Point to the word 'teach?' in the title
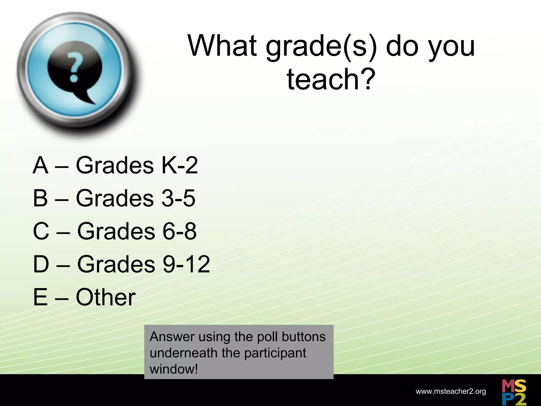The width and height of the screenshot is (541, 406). (331, 79)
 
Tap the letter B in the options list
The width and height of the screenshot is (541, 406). (40, 198)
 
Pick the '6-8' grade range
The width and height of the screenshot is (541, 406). (179, 231)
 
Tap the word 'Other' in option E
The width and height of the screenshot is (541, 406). (106, 297)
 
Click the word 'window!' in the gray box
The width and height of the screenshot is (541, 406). (174, 369)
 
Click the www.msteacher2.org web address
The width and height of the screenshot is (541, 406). (451, 391)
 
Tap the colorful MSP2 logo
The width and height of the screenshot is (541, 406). (514, 392)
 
